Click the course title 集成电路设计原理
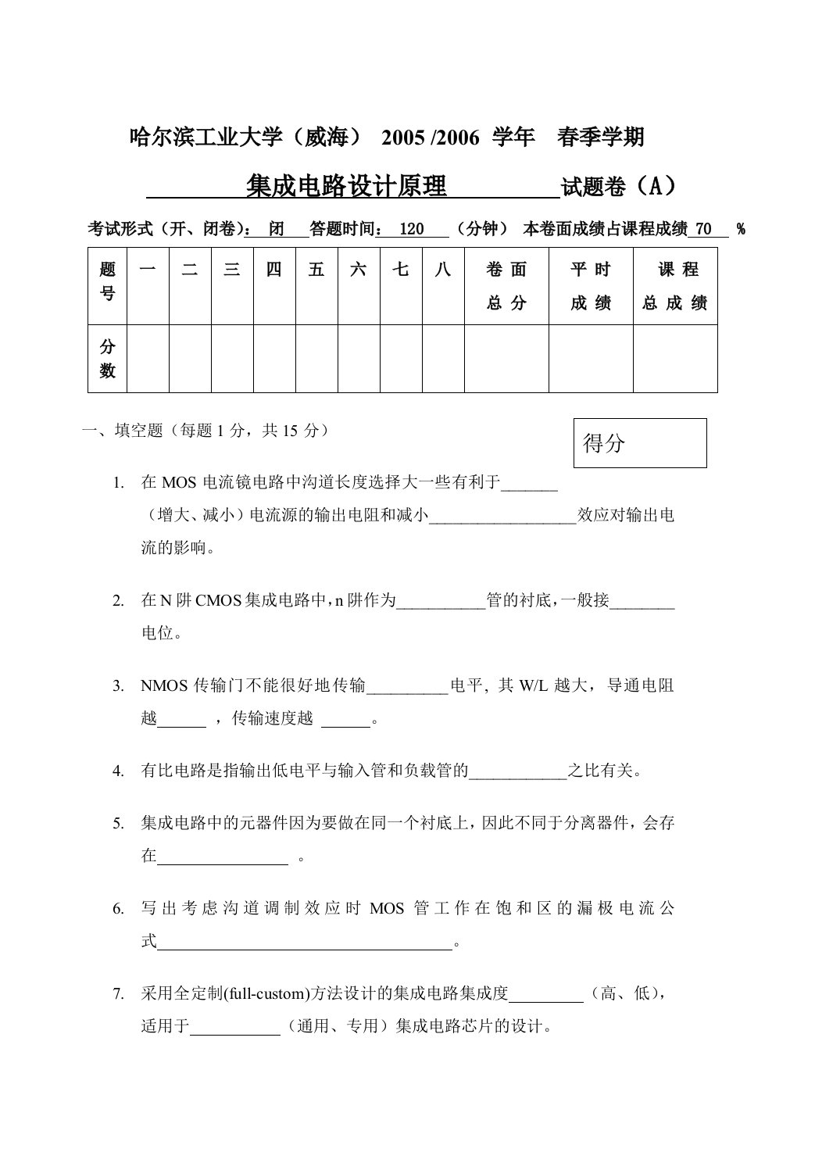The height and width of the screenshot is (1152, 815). pos(346,188)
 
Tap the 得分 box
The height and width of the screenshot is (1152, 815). pos(639,443)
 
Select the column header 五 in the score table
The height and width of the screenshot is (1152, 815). pos(316,270)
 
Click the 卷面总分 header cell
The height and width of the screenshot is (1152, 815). pos(506,286)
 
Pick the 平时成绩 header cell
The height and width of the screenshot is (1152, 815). pos(591,286)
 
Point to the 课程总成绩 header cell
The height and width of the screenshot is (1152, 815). pos(675,286)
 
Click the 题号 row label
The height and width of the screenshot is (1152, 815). pos(108,281)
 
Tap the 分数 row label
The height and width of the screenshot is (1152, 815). pos(108,359)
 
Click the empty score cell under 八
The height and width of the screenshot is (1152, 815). pos(443,359)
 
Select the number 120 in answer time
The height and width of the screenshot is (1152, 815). pos(411,229)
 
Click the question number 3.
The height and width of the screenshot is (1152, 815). pos(118,686)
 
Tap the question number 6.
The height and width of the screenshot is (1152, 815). pos(118,908)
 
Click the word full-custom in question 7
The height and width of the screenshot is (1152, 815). pos(266,994)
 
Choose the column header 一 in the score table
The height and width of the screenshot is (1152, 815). pos(148,270)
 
